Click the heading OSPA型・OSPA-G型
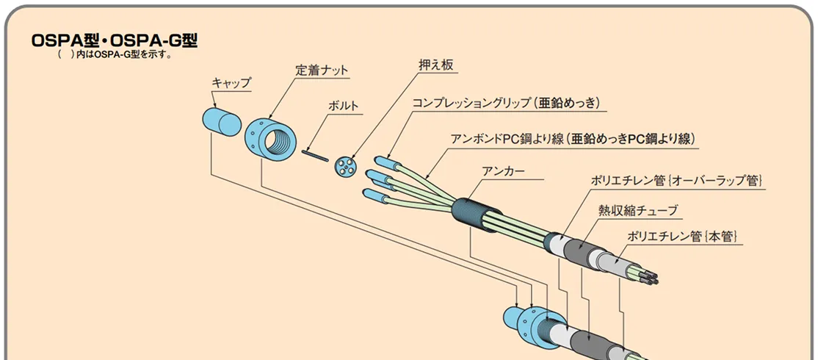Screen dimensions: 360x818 point(115,41)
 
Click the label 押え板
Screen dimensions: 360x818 point(432,66)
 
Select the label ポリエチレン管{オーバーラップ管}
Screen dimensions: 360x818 point(678,180)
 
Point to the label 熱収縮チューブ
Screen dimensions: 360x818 point(637,210)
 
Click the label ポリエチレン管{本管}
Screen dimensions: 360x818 point(681,236)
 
